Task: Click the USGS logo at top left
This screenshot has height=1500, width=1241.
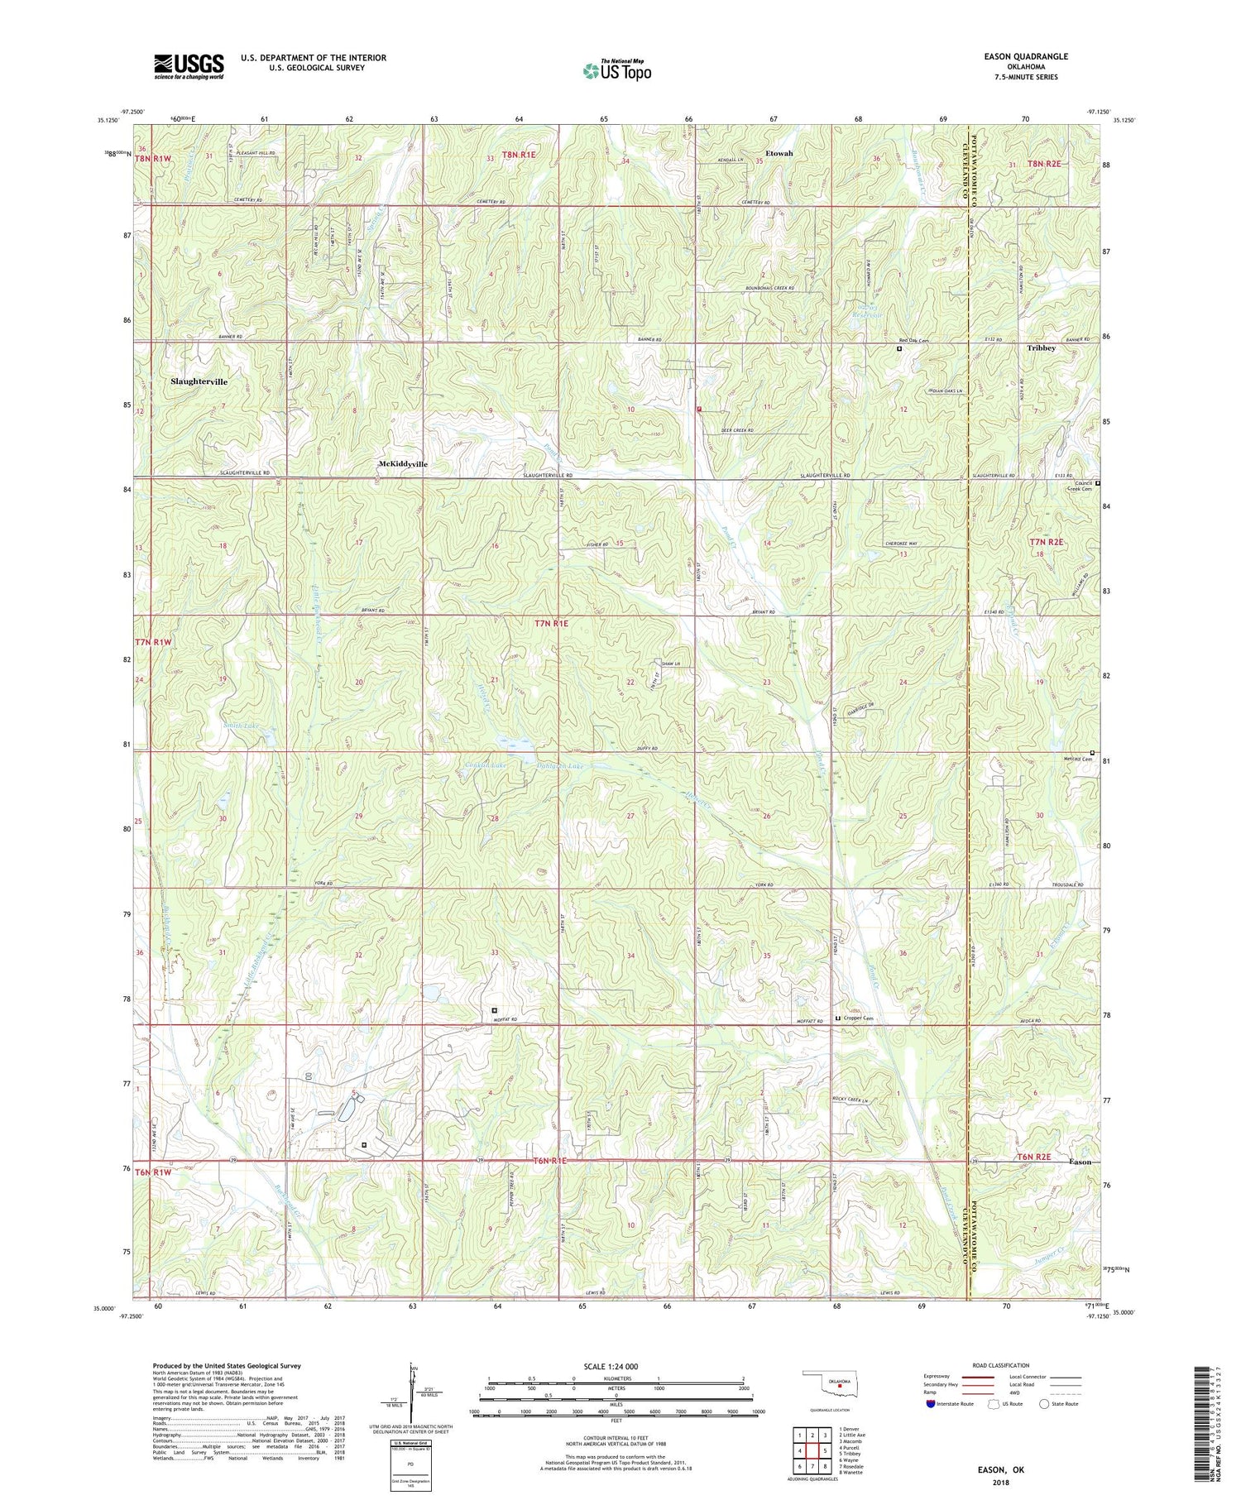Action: (189, 66)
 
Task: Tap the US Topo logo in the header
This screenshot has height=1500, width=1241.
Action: (616, 71)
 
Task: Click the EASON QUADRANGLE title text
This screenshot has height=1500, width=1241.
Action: (1020, 56)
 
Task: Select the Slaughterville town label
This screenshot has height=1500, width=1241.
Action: (199, 382)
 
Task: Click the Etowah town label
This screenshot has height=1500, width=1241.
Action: (779, 154)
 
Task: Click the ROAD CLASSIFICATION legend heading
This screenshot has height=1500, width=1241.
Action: (1001, 1365)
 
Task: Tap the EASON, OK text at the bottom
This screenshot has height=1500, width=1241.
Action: (1001, 1469)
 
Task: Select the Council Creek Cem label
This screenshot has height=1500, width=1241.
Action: (1079, 486)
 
